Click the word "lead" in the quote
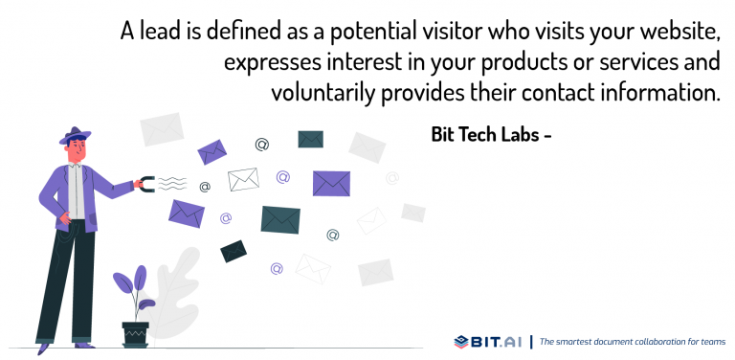coord(158,33)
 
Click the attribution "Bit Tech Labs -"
coord(491,135)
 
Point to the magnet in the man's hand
coord(144,182)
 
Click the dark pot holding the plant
coord(136,334)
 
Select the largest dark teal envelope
coord(280,219)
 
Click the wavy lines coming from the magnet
coord(171,182)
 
